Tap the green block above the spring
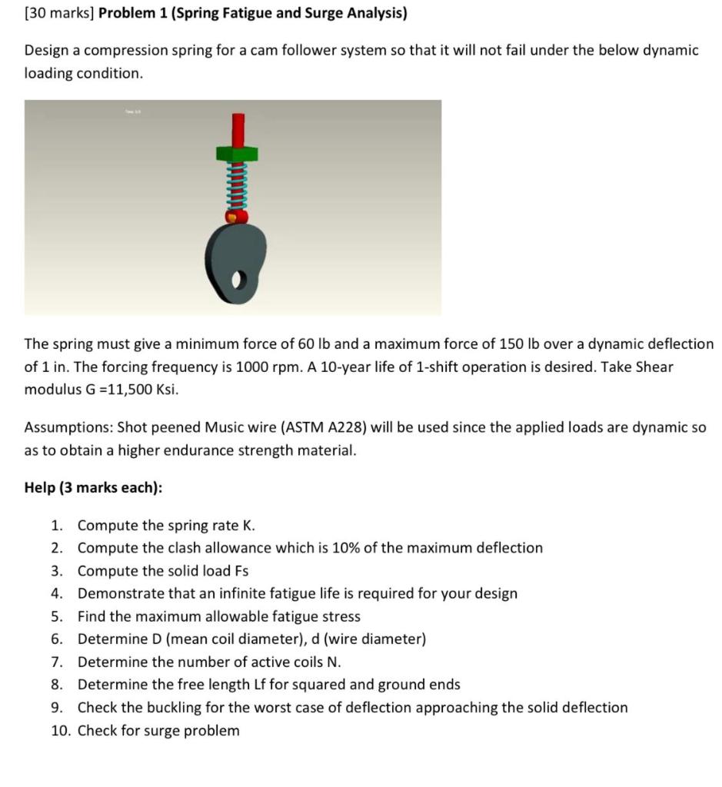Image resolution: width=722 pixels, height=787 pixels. point(238,154)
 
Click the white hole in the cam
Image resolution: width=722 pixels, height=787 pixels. point(238,281)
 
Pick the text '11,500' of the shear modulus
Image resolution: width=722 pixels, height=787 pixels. point(131,390)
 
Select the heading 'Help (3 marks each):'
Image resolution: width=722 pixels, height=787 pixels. point(93,488)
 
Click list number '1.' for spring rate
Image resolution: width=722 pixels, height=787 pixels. point(57,526)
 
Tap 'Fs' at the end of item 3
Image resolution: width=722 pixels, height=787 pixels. point(241,571)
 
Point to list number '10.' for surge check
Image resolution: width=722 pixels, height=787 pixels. point(60,730)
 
